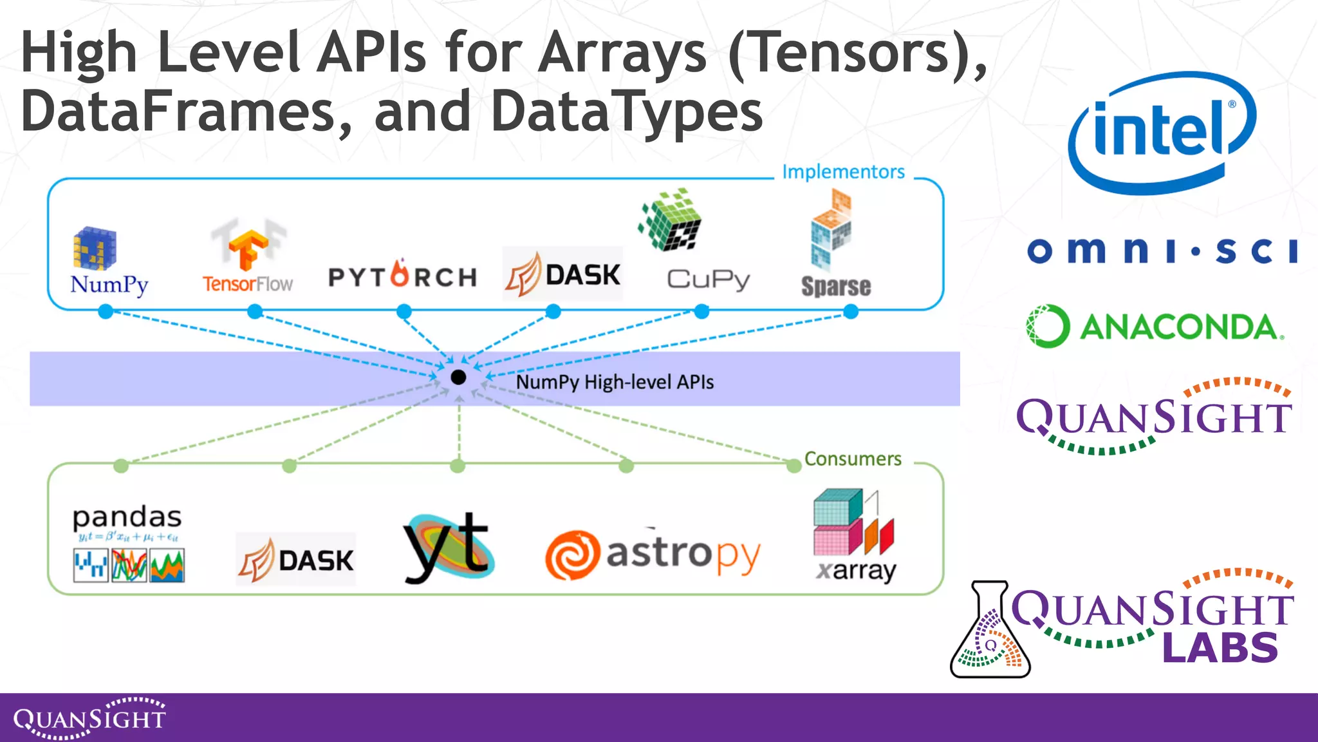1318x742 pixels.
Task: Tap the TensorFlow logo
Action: tap(248, 258)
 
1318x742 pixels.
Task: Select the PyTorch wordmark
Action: tap(403, 276)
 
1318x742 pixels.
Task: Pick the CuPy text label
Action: tap(709, 280)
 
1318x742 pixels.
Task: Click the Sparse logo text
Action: tap(835, 286)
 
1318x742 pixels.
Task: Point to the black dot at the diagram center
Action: tap(458, 377)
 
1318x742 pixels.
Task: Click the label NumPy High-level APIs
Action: tap(615, 382)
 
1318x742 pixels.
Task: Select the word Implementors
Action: tap(843, 172)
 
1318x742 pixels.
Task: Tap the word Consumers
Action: tap(853, 459)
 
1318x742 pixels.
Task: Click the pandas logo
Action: tap(127, 544)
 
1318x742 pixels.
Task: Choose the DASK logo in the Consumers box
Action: tap(295, 559)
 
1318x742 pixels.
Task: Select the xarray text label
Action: tap(856, 571)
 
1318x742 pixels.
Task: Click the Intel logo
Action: tap(1162, 133)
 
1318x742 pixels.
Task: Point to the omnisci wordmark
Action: tap(1162, 251)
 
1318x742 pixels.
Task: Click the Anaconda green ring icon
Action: tap(1048, 326)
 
